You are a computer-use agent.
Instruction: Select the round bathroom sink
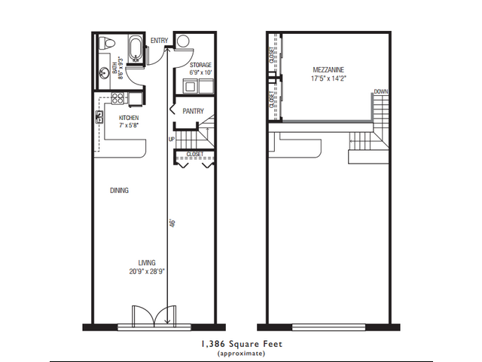[103, 73]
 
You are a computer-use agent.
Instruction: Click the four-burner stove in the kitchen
[118, 97]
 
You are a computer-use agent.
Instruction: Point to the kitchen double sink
[99, 117]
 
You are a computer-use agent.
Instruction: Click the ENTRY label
[159, 40]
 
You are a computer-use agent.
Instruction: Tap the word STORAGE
[200, 66]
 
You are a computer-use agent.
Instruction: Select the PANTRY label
[194, 111]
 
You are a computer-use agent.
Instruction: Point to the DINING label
[119, 191]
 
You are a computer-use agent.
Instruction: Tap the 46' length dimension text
[172, 223]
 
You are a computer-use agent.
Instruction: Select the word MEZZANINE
[328, 69]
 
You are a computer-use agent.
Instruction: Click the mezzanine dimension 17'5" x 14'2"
[328, 78]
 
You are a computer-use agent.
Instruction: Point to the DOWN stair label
[381, 92]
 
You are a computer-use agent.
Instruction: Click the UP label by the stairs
[171, 140]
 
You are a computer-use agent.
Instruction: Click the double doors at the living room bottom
[152, 315]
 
